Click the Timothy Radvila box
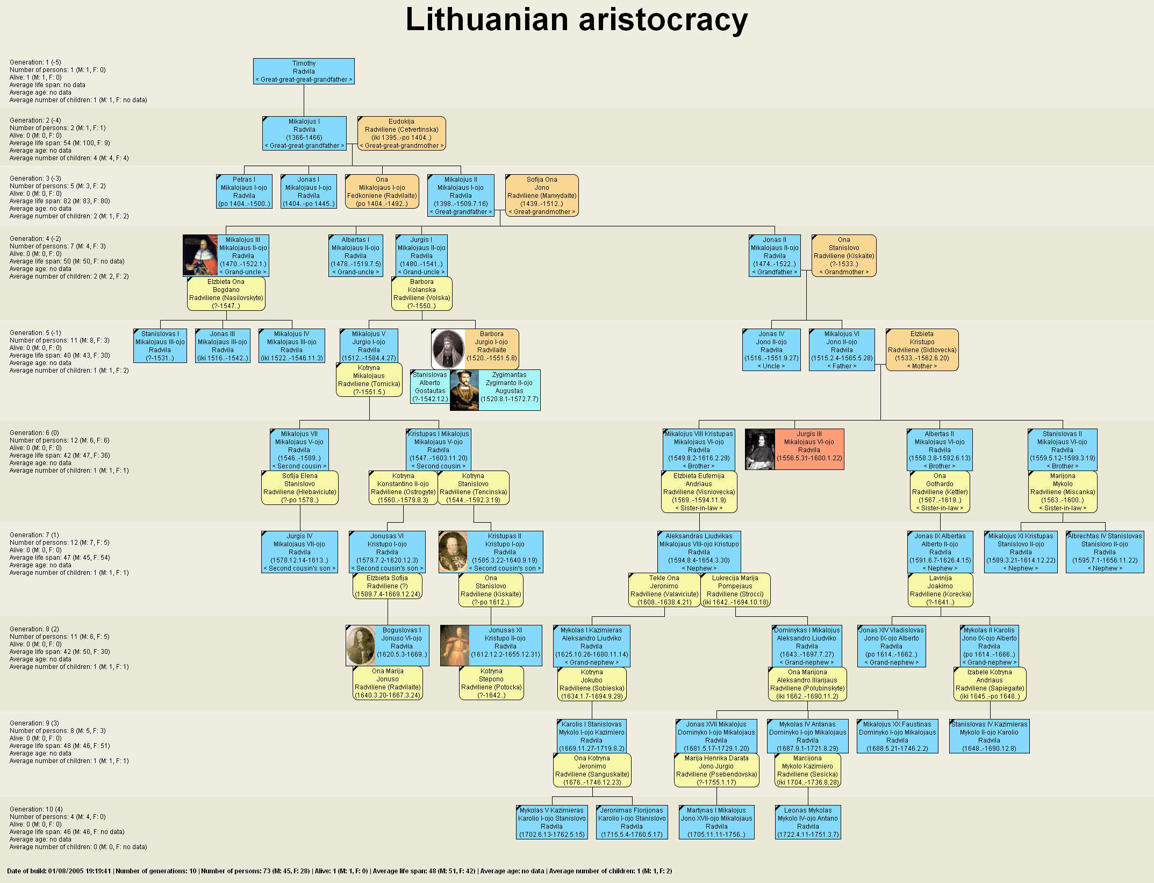point(304,72)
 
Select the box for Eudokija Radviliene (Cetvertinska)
point(402,133)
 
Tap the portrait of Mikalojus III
point(200,255)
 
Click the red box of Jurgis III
point(809,449)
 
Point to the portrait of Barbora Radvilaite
point(448,349)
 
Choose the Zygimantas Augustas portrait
point(464,390)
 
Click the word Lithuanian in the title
point(486,20)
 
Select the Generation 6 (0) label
point(34,433)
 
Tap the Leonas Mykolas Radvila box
point(808,822)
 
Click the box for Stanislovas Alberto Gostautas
point(430,387)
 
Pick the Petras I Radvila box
point(244,191)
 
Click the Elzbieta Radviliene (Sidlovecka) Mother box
point(922,350)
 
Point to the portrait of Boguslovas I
point(361,645)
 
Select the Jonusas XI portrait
point(455,645)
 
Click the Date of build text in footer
point(59,871)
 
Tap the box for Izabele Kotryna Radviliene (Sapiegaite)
point(990,684)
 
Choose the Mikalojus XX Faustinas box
point(897,736)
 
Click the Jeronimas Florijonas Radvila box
point(632,822)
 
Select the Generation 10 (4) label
point(36,809)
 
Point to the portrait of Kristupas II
point(453,552)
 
